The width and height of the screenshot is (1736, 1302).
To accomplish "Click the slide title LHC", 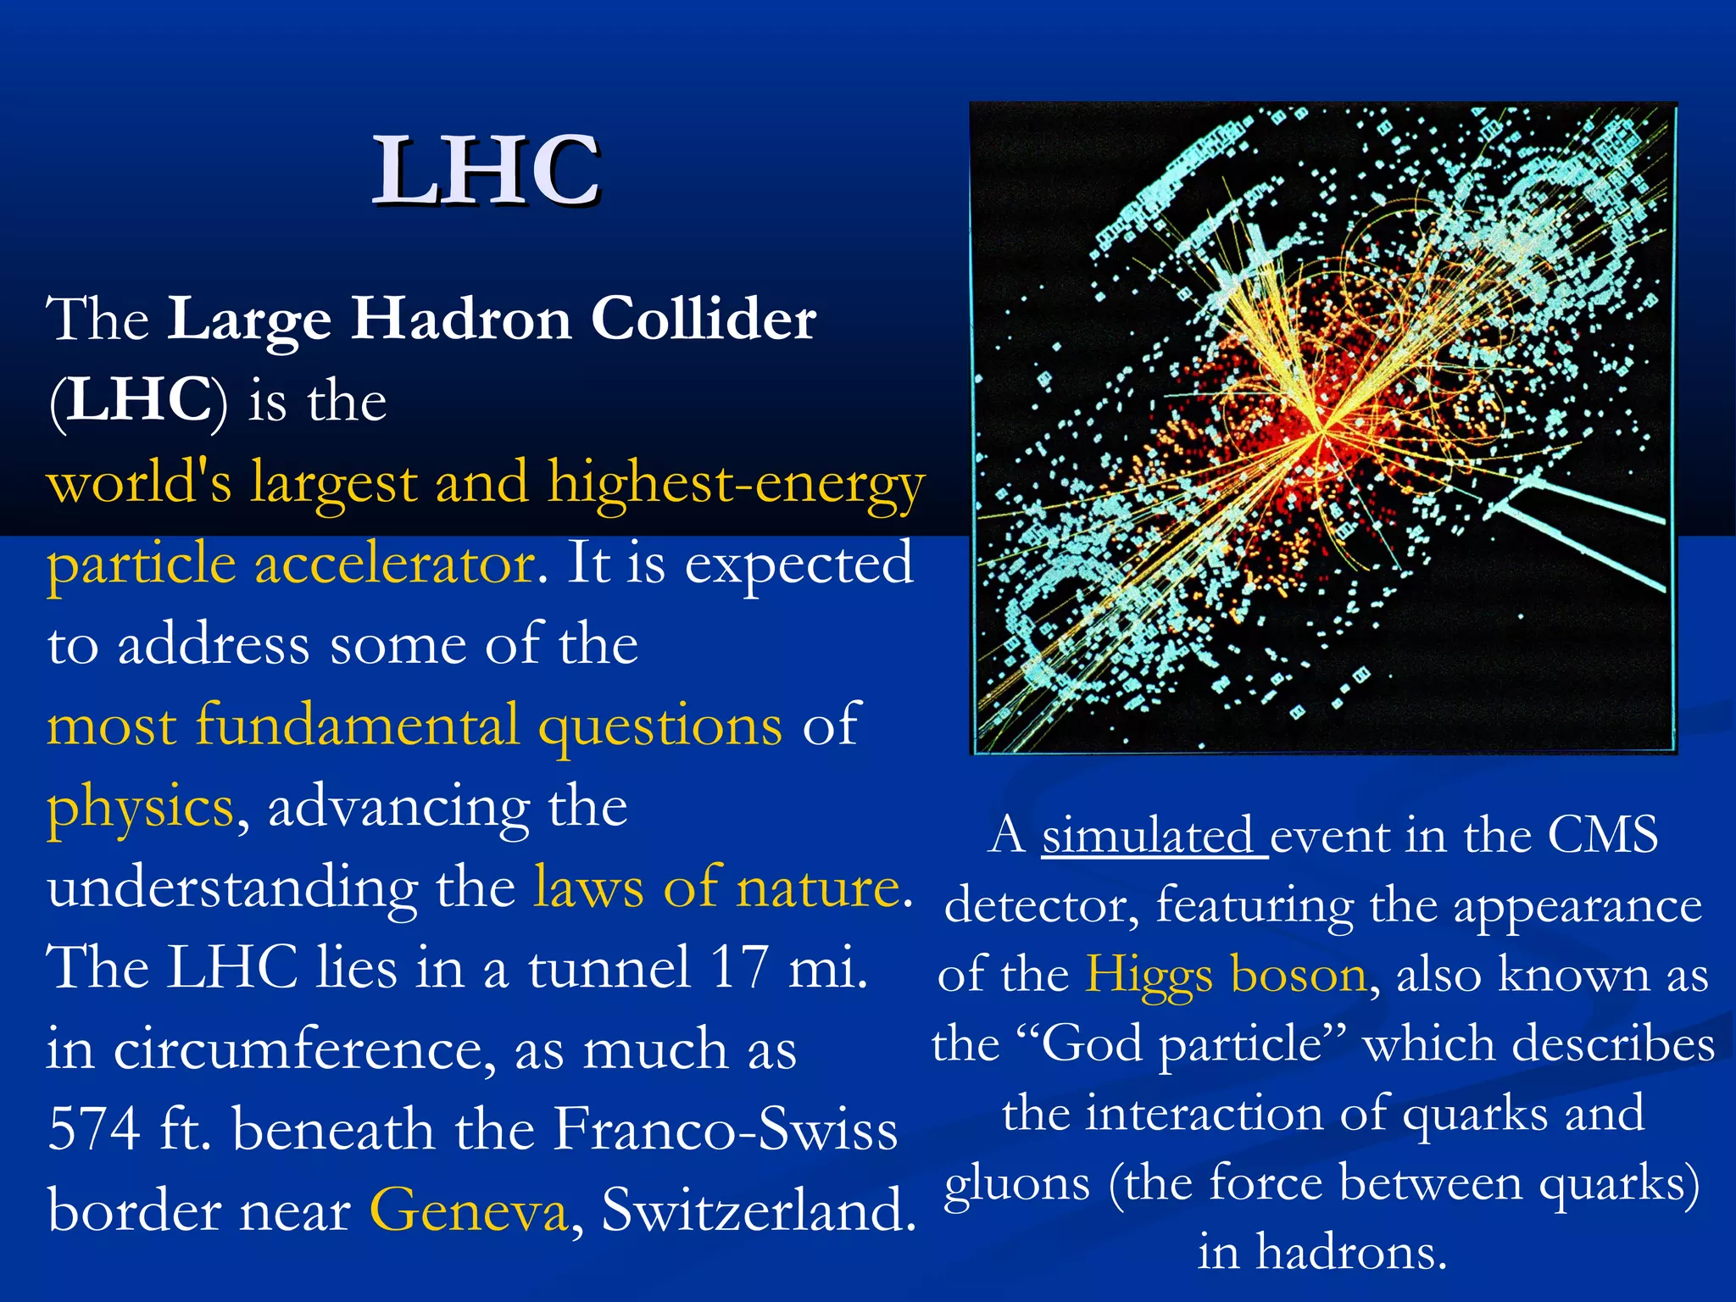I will [487, 171].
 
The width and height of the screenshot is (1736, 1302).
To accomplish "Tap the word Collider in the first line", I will [704, 320].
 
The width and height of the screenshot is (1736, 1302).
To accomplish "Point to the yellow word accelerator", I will [395, 564].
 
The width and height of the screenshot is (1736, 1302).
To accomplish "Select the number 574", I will [93, 1130].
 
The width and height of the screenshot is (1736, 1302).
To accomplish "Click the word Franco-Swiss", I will [726, 1130].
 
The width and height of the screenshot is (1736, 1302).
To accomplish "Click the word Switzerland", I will [759, 1210].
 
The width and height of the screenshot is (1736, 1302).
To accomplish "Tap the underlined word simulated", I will [1154, 837].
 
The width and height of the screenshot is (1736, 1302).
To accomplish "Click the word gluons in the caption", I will [1017, 1184].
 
